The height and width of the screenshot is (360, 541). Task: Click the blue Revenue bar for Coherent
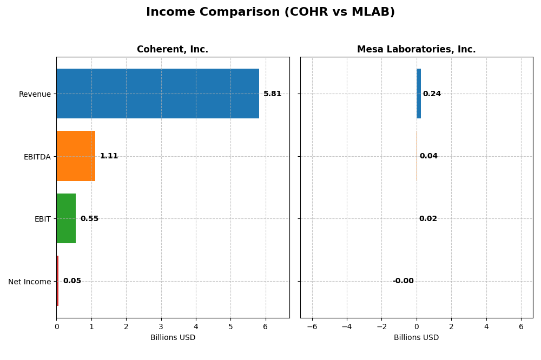pos(157,94)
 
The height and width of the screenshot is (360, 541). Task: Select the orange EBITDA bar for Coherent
pos(76,156)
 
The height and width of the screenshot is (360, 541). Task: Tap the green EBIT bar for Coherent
pos(66,218)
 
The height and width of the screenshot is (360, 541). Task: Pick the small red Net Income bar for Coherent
pos(57,281)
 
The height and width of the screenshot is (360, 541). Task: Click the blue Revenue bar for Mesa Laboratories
pos(419,94)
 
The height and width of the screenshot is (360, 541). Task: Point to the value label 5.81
pos(272,94)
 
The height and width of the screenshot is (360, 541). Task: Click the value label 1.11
pos(109,156)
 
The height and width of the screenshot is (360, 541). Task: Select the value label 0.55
pos(89,219)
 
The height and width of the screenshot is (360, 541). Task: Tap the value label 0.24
pos(432,94)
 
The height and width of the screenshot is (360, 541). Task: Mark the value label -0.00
pos(403,281)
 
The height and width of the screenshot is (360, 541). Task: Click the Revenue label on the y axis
pos(35,94)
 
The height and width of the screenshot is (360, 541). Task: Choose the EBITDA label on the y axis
pos(37,157)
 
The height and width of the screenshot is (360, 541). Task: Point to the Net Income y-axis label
pos(29,282)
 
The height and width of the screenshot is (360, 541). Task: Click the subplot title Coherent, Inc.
pos(173,50)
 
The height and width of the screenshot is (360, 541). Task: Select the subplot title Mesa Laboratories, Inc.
pos(416,50)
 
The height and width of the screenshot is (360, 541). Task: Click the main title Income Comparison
pos(270,12)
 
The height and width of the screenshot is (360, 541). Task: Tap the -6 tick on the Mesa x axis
pos(312,326)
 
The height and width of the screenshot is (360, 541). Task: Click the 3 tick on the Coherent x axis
pos(161,326)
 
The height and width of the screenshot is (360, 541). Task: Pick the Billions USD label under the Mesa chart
pos(416,337)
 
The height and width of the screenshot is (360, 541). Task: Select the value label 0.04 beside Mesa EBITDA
pos(428,156)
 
